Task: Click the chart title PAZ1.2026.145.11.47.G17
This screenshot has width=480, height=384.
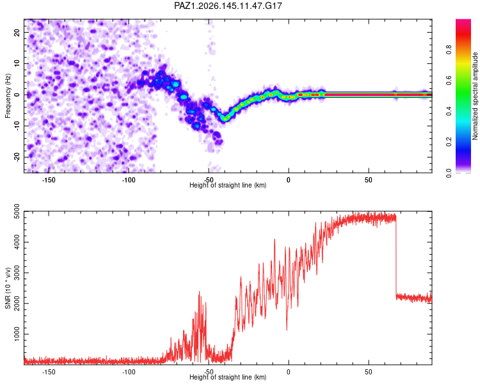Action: [x=228, y=6]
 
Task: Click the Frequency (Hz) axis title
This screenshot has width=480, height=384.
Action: [x=8, y=96]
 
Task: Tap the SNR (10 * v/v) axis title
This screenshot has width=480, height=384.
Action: [x=8, y=288]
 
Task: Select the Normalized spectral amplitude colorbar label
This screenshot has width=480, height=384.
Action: [x=475, y=96]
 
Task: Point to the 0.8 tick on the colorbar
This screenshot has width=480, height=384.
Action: [x=449, y=50]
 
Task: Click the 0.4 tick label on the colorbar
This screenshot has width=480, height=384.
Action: [x=449, y=111]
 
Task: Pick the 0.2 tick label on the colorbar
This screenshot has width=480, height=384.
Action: [x=449, y=142]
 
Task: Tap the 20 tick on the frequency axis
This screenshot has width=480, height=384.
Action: [x=17, y=33]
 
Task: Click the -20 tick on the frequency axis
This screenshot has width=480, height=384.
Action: [x=17, y=157]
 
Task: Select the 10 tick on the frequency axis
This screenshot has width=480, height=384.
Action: [x=17, y=63]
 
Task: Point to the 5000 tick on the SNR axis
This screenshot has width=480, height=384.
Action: [x=17, y=211]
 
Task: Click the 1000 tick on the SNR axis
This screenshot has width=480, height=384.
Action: [x=17, y=334]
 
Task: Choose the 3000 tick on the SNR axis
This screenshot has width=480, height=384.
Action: [x=17, y=273]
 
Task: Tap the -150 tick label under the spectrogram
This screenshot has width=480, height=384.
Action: [x=49, y=180]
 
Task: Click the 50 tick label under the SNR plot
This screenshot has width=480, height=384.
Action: [x=368, y=372]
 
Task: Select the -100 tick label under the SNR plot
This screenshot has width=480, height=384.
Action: [x=128, y=372]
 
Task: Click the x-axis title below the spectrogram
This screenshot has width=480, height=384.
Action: [x=228, y=185]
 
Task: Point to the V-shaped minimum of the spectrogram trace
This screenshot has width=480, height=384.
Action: [x=225, y=118]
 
